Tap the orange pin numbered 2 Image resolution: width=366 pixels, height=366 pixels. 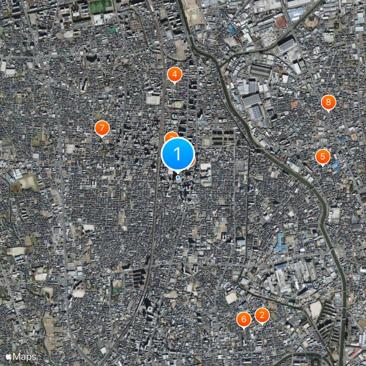tap(262, 315)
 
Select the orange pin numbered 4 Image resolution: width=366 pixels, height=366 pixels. tap(174, 74)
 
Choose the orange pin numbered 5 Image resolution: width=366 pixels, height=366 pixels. tap(323, 156)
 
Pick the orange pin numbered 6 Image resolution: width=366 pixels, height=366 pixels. tap(243, 319)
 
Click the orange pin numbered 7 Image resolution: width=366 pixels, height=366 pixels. tap(102, 128)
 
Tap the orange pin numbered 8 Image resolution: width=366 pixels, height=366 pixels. tap(328, 102)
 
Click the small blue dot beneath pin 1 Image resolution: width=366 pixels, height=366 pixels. tap(178, 178)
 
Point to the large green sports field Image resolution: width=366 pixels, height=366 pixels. tap(101, 6)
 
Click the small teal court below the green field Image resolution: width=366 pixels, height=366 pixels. tap(112, 31)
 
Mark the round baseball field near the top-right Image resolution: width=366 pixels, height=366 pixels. tap(311, 20)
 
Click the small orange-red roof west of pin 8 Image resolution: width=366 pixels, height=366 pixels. tap(294, 105)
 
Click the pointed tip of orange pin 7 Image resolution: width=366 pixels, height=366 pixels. tap(102, 137)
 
